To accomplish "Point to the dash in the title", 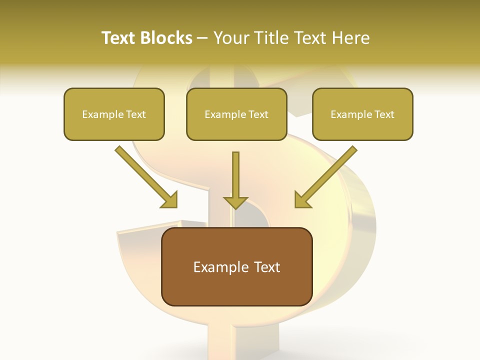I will coord(202,38).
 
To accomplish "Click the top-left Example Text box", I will coord(114,114).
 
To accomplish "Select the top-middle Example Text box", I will coord(236,114).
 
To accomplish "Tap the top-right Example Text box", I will coord(362,114).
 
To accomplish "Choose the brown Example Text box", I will coord(236,266).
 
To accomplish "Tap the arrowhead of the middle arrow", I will coord(236,202).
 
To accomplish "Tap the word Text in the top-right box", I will coord(384,114).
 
